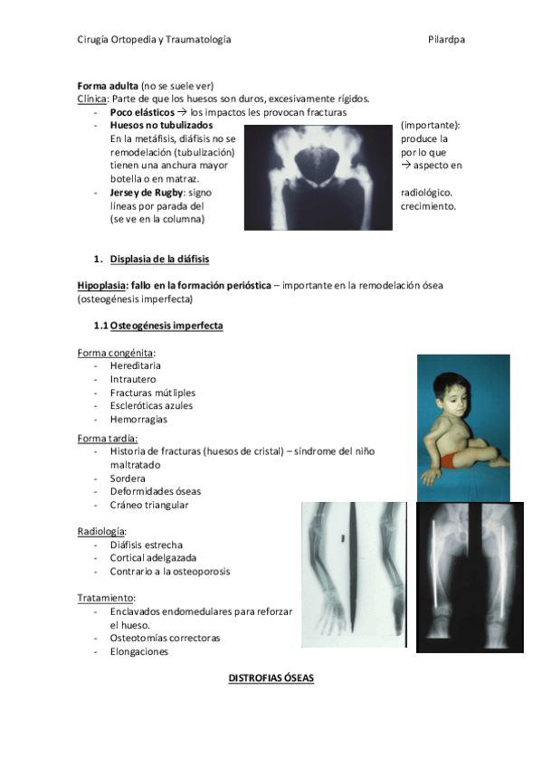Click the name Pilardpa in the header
click(x=447, y=40)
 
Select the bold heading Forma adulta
click(x=101, y=86)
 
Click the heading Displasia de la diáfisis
click(x=159, y=260)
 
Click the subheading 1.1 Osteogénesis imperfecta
click(x=158, y=326)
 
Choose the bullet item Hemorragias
click(x=138, y=420)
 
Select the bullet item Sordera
click(x=128, y=478)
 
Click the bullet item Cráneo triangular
click(x=149, y=505)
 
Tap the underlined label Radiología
click(x=101, y=532)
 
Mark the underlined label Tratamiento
click(x=106, y=598)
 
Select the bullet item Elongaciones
click(x=139, y=651)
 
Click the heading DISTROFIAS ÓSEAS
click(x=271, y=677)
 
